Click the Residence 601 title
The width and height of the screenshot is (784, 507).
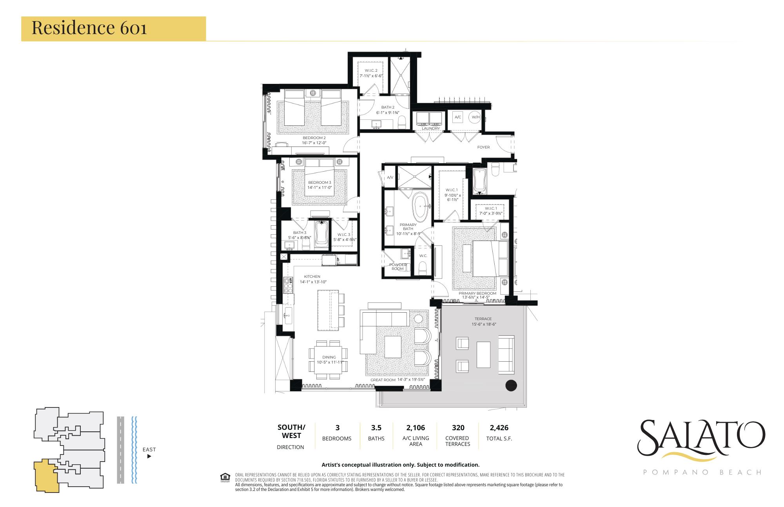point(89,28)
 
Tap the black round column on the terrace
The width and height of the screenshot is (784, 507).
point(511,386)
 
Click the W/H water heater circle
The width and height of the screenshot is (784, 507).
point(475,117)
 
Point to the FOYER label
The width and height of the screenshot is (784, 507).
point(483,147)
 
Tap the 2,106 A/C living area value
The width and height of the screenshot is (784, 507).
point(416,428)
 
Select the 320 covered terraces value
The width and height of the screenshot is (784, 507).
point(458,428)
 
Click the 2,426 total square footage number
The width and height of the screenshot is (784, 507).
point(499,428)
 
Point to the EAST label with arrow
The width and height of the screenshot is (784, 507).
point(149,452)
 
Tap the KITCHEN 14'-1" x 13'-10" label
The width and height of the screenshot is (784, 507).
point(313,279)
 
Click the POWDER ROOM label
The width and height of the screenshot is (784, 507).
point(397,266)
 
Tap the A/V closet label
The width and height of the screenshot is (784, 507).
point(390,177)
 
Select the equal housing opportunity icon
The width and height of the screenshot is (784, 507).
point(225,477)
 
